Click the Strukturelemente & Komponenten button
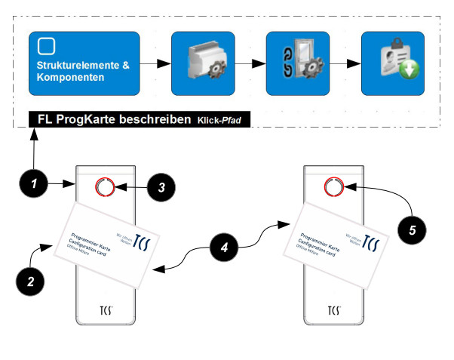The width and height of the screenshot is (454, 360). point(84,63)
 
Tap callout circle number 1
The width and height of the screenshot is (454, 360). point(32,183)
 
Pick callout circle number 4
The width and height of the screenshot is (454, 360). point(225,246)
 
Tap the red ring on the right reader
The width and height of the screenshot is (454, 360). point(333,186)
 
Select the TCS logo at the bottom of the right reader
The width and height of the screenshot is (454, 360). point(333,310)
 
